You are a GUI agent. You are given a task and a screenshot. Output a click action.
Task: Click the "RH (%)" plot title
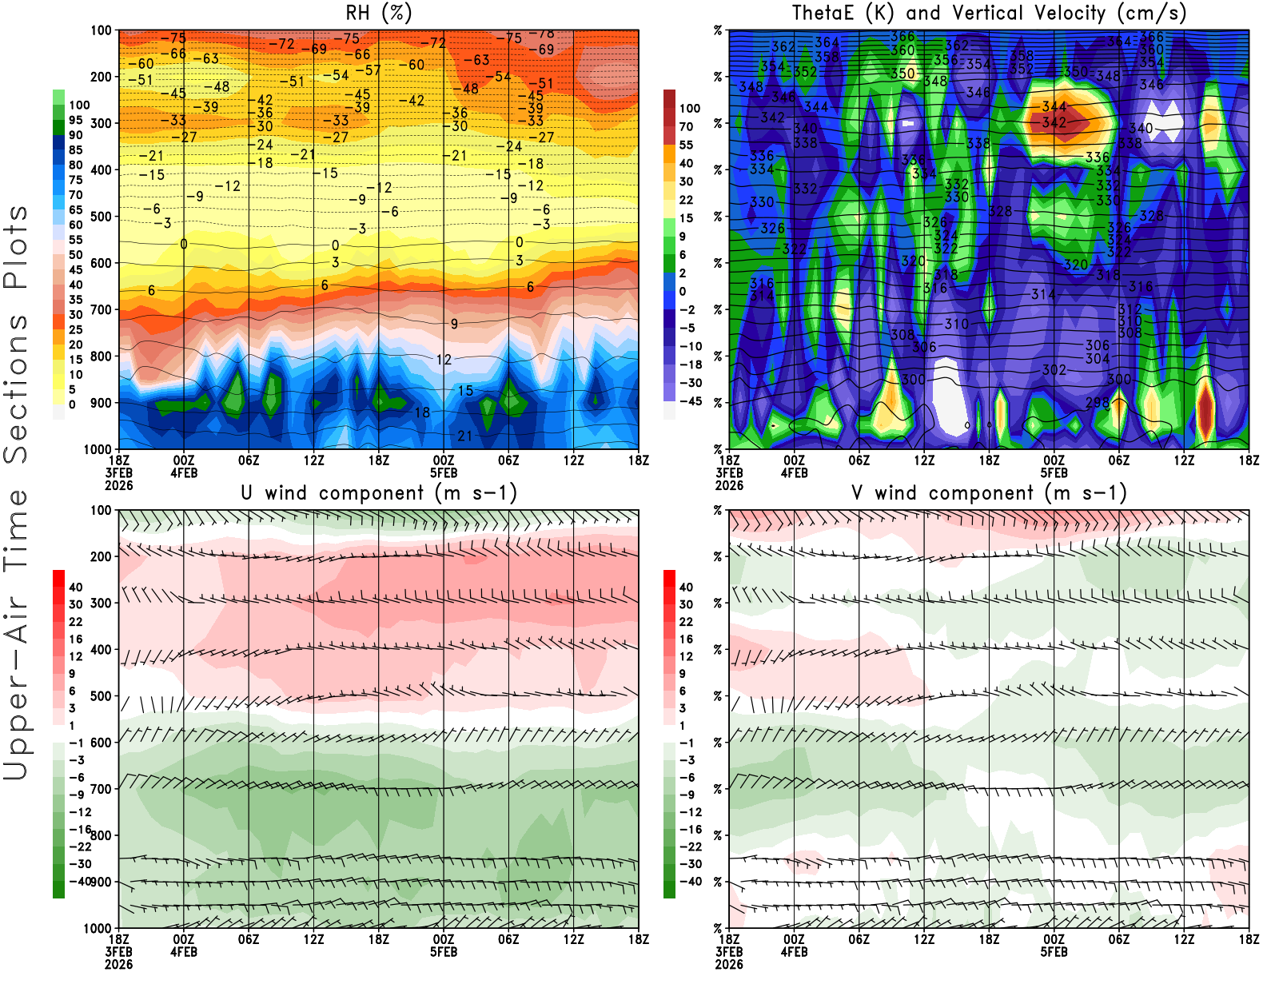click(378, 14)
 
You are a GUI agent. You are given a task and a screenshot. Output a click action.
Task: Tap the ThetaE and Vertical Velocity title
click(989, 14)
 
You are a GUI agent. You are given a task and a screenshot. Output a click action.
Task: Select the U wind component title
click(379, 493)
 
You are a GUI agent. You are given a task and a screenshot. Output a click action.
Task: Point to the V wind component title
click(989, 493)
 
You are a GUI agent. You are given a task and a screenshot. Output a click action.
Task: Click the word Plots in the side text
click(16, 248)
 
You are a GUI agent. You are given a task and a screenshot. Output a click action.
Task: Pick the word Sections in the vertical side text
click(16, 389)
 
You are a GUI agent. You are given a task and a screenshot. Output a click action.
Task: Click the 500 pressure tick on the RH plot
click(102, 217)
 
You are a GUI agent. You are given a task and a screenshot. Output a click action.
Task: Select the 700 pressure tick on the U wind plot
click(102, 789)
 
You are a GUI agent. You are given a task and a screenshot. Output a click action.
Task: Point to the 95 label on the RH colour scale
click(76, 120)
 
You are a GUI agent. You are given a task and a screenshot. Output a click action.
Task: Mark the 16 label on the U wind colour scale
click(76, 639)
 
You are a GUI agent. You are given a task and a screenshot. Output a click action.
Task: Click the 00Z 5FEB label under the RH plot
click(444, 466)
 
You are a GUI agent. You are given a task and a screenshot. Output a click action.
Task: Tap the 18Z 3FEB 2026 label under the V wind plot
click(729, 952)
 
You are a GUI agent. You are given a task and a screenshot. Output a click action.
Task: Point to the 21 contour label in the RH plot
click(464, 436)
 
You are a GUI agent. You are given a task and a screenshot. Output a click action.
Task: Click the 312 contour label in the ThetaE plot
click(1130, 309)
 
